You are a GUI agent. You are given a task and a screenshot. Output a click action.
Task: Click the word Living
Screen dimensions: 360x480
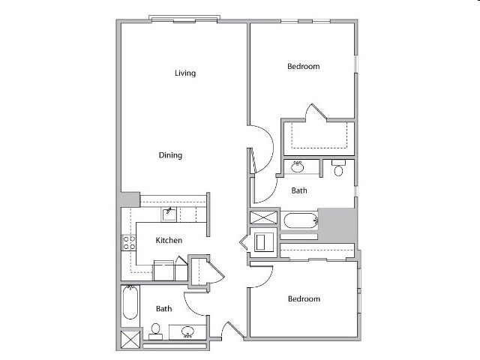pyautogui.click(x=185, y=73)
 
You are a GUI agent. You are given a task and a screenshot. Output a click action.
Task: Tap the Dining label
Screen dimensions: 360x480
pyautogui.click(x=170, y=155)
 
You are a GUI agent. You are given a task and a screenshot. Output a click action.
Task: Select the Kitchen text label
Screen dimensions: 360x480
pyautogui.click(x=169, y=241)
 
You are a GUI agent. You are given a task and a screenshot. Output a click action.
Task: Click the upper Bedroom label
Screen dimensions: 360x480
pyautogui.click(x=303, y=66)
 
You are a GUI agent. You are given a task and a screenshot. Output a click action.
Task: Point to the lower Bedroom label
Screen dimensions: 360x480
pyautogui.click(x=304, y=298)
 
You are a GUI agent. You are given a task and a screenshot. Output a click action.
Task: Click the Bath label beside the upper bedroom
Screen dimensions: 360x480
pyautogui.click(x=299, y=190)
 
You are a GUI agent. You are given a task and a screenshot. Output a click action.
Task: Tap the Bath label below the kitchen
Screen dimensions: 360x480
pyautogui.click(x=163, y=308)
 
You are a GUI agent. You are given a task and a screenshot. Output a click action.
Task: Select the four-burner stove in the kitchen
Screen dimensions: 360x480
pyautogui.click(x=129, y=242)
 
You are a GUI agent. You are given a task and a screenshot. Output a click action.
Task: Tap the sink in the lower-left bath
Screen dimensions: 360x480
pyautogui.click(x=187, y=331)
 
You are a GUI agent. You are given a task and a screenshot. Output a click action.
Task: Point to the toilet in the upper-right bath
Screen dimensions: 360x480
pyautogui.click(x=338, y=169)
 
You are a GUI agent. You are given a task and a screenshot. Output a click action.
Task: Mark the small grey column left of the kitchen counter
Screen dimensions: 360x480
pyautogui.click(x=130, y=199)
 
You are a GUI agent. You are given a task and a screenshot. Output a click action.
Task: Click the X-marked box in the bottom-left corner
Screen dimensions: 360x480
pyautogui.click(x=130, y=340)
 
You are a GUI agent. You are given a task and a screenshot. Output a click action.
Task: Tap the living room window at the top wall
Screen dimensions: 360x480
pyautogui.click(x=184, y=19)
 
